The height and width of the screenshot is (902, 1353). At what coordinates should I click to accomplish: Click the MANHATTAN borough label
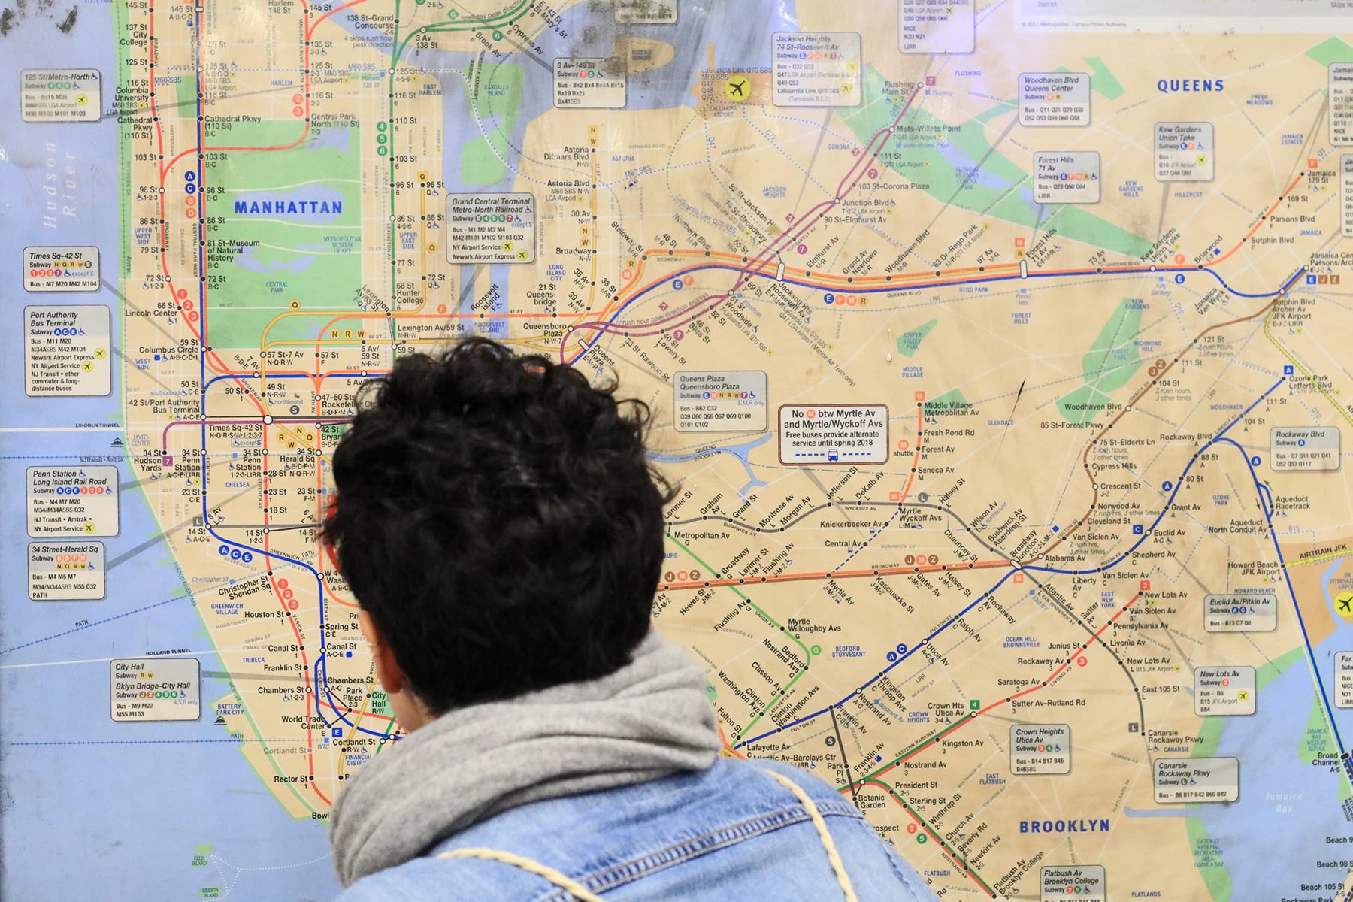click(288, 207)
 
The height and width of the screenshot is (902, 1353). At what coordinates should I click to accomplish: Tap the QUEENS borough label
click(1190, 86)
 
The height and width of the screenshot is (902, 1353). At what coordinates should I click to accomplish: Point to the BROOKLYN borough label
click(1064, 826)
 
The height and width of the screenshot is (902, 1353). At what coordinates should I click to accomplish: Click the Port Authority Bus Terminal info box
click(66, 351)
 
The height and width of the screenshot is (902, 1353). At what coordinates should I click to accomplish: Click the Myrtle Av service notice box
click(833, 434)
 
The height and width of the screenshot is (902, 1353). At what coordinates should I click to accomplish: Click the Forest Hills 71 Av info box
click(1066, 177)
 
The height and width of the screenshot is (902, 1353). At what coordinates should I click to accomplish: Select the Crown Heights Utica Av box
click(1042, 749)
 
